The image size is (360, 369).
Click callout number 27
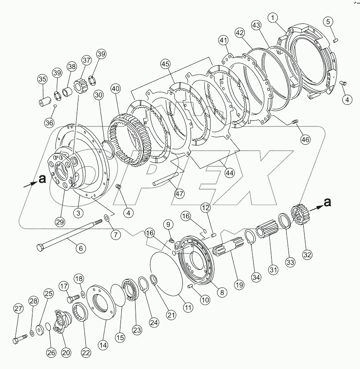18,309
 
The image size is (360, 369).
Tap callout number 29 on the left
59,222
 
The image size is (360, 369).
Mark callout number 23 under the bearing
137,330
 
